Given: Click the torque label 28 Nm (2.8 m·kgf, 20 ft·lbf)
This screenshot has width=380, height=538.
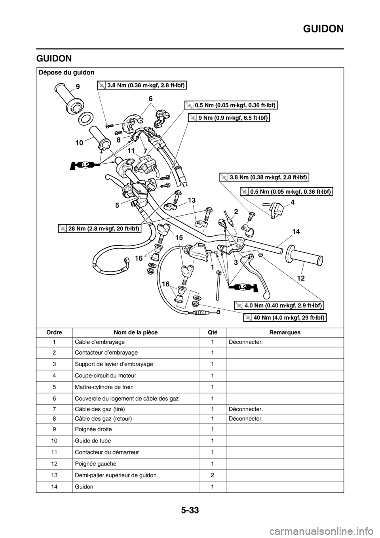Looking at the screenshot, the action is (x=100, y=229).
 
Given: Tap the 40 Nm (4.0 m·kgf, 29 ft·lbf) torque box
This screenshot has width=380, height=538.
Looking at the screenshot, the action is (x=285, y=317).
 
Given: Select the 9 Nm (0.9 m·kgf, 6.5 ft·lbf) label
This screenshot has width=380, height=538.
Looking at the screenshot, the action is (x=229, y=118).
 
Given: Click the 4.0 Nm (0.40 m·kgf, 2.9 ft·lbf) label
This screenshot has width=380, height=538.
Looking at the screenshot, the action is (x=279, y=305).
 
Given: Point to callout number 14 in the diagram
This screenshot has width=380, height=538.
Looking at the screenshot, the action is (x=296, y=232).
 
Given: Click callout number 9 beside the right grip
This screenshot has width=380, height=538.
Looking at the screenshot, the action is (x=78, y=87).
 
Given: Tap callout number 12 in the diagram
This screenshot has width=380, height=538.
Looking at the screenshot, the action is (x=301, y=278).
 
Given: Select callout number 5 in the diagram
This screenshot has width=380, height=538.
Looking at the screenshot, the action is (x=117, y=206).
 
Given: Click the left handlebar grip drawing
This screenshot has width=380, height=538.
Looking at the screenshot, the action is (x=304, y=255).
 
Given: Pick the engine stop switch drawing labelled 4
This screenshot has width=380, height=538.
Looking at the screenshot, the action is (x=276, y=210).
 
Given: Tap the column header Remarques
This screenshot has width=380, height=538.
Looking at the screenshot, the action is (x=285, y=332).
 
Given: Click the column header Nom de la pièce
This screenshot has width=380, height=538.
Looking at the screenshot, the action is (x=135, y=332).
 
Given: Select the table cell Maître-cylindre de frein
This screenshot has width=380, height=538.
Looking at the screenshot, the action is (x=104, y=387).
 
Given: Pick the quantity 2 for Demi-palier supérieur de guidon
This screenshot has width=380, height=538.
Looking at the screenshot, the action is (x=212, y=475).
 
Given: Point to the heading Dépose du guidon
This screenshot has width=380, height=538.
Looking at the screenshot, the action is (x=66, y=72).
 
